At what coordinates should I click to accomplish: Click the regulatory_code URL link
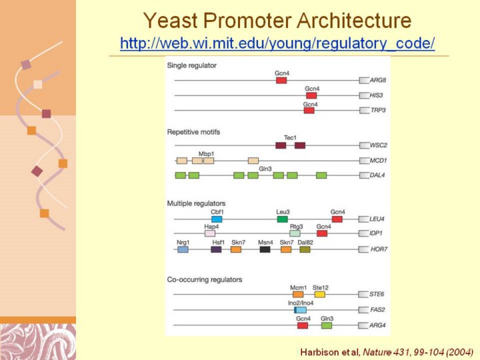(x=277, y=44)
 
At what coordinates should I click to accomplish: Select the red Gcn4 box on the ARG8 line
(x=281, y=80)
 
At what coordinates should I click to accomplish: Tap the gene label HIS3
(x=378, y=96)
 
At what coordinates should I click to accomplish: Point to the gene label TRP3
(x=378, y=111)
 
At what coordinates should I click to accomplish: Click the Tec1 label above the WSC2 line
(x=290, y=137)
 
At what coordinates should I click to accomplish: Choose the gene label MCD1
(x=379, y=161)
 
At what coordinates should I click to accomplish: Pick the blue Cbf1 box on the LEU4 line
(x=217, y=219)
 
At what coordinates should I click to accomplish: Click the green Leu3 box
(x=283, y=219)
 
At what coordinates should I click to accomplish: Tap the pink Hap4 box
(x=209, y=233)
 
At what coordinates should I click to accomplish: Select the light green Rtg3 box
(x=295, y=233)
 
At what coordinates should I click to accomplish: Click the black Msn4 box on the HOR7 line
(x=265, y=249)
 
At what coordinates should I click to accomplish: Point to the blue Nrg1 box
(x=183, y=249)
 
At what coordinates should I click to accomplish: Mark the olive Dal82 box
(x=305, y=249)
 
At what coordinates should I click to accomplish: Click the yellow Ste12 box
(x=320, y=294)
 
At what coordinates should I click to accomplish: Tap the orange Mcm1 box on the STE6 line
(x=298, y=294)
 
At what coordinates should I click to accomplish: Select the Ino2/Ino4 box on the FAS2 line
(x=301, y=310)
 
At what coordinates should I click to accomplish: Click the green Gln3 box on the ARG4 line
(x=327, y=325)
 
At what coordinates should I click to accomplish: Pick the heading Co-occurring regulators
(x=204, y=279)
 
